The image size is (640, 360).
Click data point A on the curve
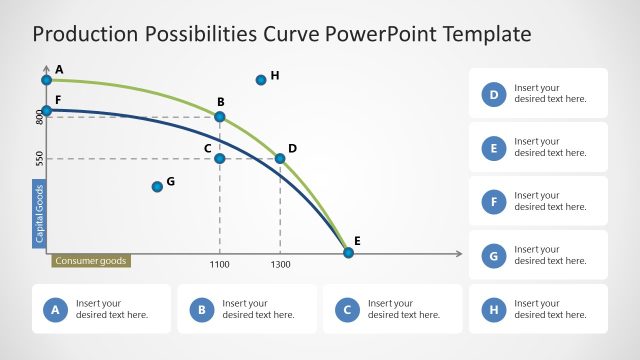click(46, 79)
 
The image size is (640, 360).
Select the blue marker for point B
click(220, 117)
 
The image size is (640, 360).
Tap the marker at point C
click(220, 158)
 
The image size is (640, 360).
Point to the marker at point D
click(280, 158)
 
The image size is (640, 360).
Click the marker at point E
click(348, 252)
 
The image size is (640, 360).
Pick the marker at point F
click(46, 110)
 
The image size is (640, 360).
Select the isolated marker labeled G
click(157, 186)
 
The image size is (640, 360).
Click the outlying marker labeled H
click(261, 79)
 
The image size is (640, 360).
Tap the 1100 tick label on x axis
click(220, 264)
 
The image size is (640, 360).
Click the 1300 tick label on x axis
click(280, 264)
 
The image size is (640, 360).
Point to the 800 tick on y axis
click(40, 117)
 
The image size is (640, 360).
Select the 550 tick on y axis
click(40, 158)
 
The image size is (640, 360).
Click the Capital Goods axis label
click(40, 213)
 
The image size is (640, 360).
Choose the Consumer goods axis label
click(91, 261)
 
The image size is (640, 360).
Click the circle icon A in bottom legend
click(56, 310)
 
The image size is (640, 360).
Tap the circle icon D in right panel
click(493, 94)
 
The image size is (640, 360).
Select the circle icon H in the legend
click(493, 310)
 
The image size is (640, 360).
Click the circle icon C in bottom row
click(348, 310)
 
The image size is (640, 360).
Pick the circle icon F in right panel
click(493, 202)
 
